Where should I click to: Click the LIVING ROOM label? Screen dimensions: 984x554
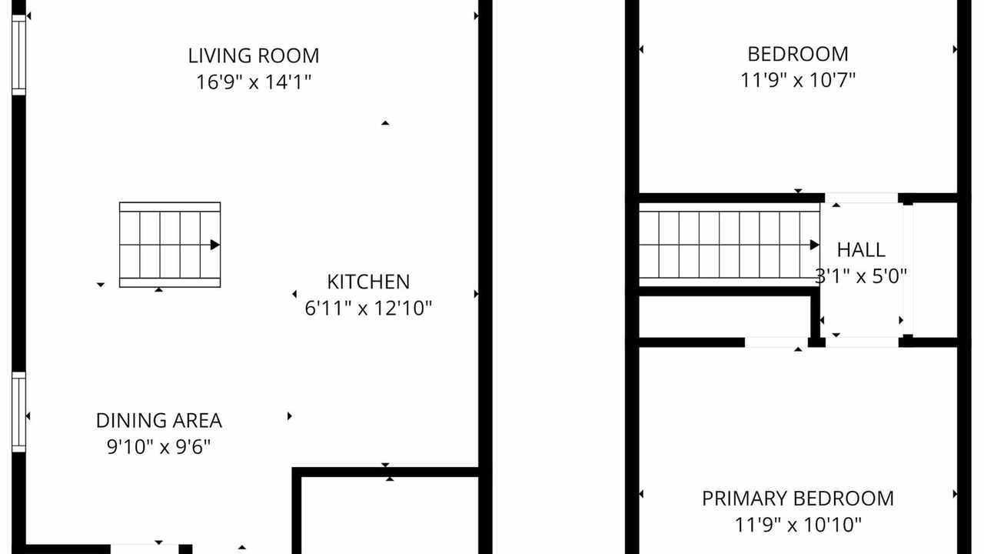[x=254, y=56]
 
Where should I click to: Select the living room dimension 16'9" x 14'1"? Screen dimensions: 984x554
[x=254, y=82]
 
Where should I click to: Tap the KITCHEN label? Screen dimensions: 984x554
[x=368, y=282]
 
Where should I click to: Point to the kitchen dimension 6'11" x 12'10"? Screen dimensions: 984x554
[x=368, y=309]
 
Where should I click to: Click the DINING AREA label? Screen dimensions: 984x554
[x=159, y=421]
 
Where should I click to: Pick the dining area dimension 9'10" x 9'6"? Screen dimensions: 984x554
[x=159, y=447]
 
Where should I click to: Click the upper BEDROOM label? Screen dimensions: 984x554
[x=798, y=55]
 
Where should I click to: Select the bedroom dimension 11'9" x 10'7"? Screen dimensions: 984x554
[x=798, y=81]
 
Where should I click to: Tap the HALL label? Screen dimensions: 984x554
[x=861, y=250]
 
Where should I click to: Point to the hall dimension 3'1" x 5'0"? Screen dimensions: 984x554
[x=861, y=276]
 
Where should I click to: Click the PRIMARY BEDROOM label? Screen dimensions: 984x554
[x=798, y=499]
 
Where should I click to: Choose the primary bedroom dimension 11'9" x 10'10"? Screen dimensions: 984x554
[x=798, y=525]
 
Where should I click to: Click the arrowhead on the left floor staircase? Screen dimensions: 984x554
[x=214, y=245]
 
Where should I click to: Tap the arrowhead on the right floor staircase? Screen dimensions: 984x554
[x=814, y=245]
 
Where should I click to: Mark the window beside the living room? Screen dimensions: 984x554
[x=19, y=55]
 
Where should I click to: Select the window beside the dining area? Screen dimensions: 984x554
[x=19, y=412]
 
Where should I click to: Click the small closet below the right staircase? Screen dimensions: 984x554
[x=725, y=317]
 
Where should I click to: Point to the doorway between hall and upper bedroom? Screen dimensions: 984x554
[x=861, y=199]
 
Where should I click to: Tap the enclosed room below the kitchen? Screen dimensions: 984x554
[x=390, y=516]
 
